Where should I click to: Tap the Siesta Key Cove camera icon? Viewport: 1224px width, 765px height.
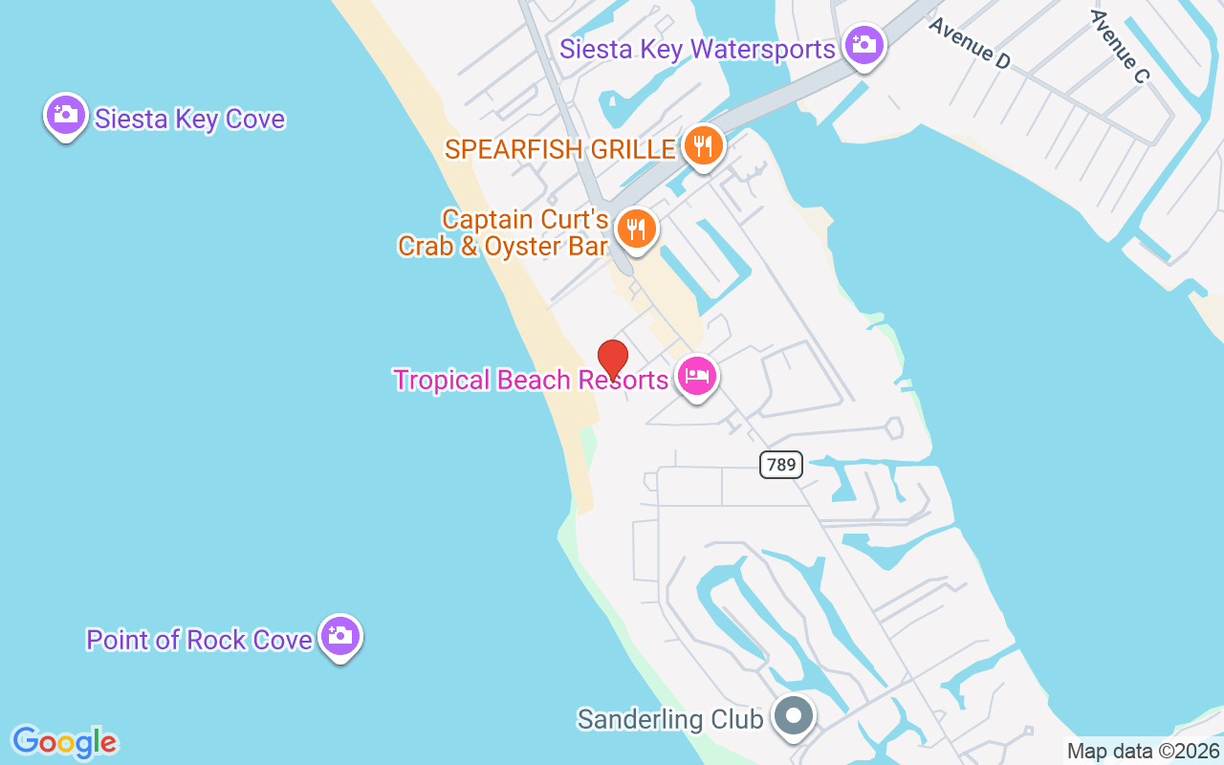click(65, 116)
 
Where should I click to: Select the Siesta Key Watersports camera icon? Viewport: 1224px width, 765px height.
click(864, 45)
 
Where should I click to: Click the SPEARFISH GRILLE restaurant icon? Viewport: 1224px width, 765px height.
click(703, 146)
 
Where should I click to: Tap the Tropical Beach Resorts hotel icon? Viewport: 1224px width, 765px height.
click(696, 377)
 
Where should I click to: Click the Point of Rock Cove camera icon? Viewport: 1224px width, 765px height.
click(339, 636)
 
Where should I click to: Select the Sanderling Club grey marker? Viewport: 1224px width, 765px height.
click(793, 716)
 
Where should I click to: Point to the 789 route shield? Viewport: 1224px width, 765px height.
click(781, 465)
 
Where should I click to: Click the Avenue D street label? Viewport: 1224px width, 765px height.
click(969, 43)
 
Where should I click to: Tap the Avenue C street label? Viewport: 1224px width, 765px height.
click(1118, 45)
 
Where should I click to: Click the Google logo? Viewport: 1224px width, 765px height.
click(64, 742)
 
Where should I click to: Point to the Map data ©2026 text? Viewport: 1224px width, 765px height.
click(1144, 751)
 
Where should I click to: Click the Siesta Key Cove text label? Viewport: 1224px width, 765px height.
click(189, 120)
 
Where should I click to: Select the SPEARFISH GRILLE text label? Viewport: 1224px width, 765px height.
click(560, 149)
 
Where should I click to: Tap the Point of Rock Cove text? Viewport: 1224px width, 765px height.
click(199, 640)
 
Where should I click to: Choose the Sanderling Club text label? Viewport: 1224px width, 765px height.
click(669, 719)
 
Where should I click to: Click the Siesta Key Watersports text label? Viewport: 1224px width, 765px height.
click(697, 49)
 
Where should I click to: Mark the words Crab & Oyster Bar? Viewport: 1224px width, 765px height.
click(503, 246)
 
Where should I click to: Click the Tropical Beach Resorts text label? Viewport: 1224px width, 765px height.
click(531, 380)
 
